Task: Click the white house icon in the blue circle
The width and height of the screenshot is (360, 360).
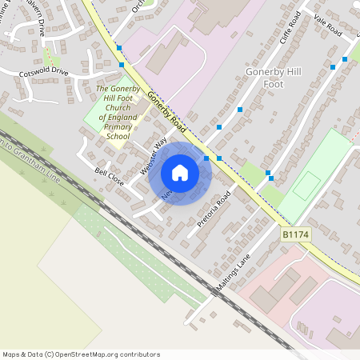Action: click(180, 173)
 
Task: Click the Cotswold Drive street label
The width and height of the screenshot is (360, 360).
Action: click(45, 72)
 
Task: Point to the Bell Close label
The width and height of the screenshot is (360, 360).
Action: click(109, 177)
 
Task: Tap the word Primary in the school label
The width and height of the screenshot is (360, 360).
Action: click(118, 126)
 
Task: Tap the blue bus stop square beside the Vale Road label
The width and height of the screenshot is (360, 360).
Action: click(345, 58)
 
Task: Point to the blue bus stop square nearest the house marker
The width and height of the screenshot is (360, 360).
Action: click(206, 158)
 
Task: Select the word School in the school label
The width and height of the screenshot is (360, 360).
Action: click(118, 136)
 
